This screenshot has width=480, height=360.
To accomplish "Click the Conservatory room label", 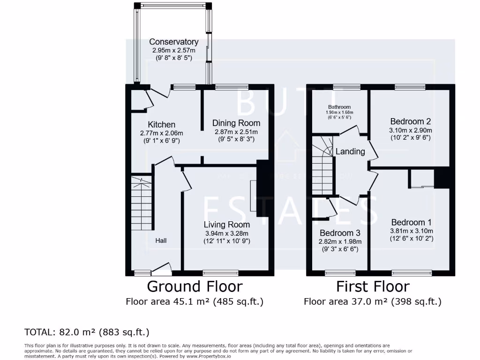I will point(173,42).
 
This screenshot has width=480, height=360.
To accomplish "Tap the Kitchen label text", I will point(162,125).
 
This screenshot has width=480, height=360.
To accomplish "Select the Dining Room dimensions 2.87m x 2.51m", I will point(236,132).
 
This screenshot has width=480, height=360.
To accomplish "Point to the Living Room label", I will point(226,225).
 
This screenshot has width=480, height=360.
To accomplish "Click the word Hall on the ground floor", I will point(161,240).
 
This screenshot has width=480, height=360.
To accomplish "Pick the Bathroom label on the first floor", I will point(339,107).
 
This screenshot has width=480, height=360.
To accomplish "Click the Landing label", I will point(350,151).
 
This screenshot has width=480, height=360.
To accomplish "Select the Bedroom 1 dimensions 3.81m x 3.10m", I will point(412,231).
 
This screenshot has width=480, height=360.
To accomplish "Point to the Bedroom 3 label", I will point(340,233).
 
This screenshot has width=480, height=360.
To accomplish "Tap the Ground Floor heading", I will point(195,286).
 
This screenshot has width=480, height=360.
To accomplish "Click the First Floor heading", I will point(373,286).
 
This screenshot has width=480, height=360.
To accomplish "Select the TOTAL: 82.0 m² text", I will point(87,332).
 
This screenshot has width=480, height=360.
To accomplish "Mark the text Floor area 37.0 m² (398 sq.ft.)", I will point(373,301).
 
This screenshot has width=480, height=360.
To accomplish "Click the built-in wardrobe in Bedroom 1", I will point(421,179).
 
